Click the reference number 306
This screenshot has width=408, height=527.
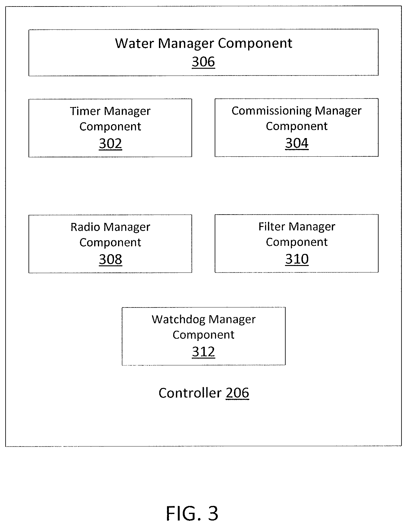pyautogui.click(x=203, y=62)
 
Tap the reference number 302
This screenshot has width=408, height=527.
pyautogui.click(x=110, y=144)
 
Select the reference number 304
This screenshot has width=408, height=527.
pyautogui.click(x=297, y=143)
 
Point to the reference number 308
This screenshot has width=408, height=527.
pyautogui.click(x=110, y=259)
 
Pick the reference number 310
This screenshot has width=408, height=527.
pyautogui.click(x=297, y=259)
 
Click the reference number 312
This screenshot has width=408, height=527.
pyautogui.click(x=204, y=352)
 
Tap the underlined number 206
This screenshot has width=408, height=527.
pyautogui.click(x=237, y=393)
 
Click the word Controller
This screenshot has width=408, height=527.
pyautogui.click(x=190, y=393)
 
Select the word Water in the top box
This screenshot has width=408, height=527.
pyautogui.click(x=134, y=43)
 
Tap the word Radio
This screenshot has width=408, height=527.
pyautogui.click(x=85, y=227)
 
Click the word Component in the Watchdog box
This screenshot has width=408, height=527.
pyautogui.click(x=203, y=335)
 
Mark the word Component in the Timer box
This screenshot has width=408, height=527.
pyautogui.click(x=110, y=127)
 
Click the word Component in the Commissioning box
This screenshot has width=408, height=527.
pyautogui.click(x=297, y=126)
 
